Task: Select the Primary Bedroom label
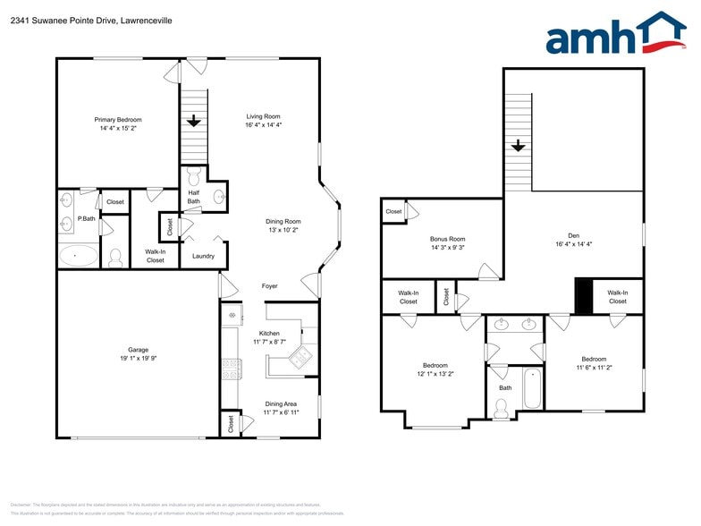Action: pyautogui.click(x=118, y=119)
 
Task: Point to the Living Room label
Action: pyautogui.click(x=264, y=116)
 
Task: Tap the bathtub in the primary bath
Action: pyautogui.click(x=79, y=256)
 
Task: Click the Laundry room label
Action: pyautogui.click(x=203, y=257)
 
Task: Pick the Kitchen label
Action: pyautogui.click(x=269, y=333)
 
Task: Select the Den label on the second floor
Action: pyautogui.click(x=573, y=235)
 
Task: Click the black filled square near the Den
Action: pyautogui.click(x=583, y=296)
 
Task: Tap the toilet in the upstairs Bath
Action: pyautogui.click(x=501, y=408)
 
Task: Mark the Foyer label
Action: pyautogui.click(x=269, y=286)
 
